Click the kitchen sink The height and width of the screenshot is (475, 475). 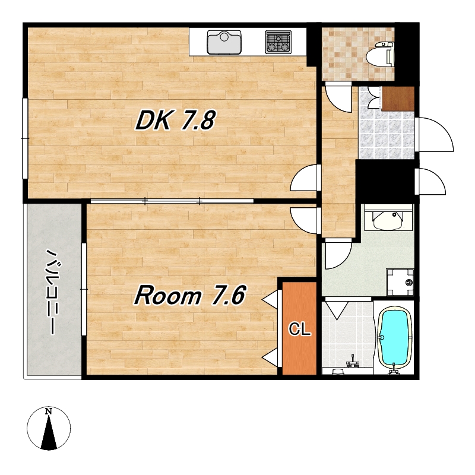224,42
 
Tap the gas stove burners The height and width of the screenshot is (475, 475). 278,42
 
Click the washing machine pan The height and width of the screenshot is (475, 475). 400,282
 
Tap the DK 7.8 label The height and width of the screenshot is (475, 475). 175,121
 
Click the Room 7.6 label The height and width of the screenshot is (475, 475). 189,295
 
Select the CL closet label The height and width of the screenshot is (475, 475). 300,329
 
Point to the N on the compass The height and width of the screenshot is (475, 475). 49,411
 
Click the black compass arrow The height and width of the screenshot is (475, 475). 49,432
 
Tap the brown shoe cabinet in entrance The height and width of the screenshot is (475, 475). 398,99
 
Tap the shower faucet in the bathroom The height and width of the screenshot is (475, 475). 352,362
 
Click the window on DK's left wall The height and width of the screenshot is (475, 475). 25,138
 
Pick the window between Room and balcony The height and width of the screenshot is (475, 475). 84,289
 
